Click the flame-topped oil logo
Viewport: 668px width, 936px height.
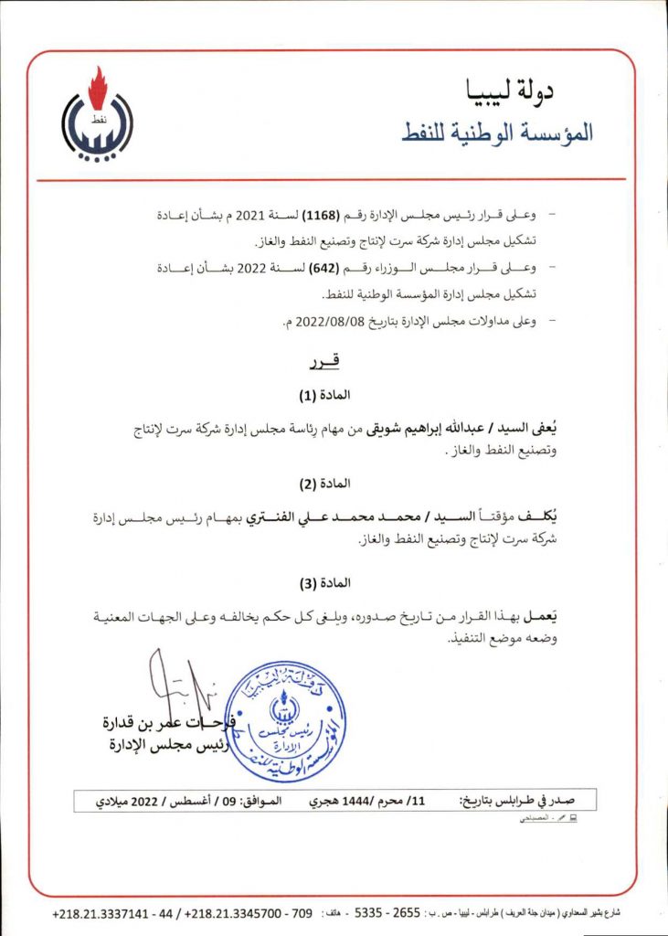(96, 117)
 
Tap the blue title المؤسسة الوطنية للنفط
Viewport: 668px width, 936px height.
(497, 132)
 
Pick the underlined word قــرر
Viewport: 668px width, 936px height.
(325, 363)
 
